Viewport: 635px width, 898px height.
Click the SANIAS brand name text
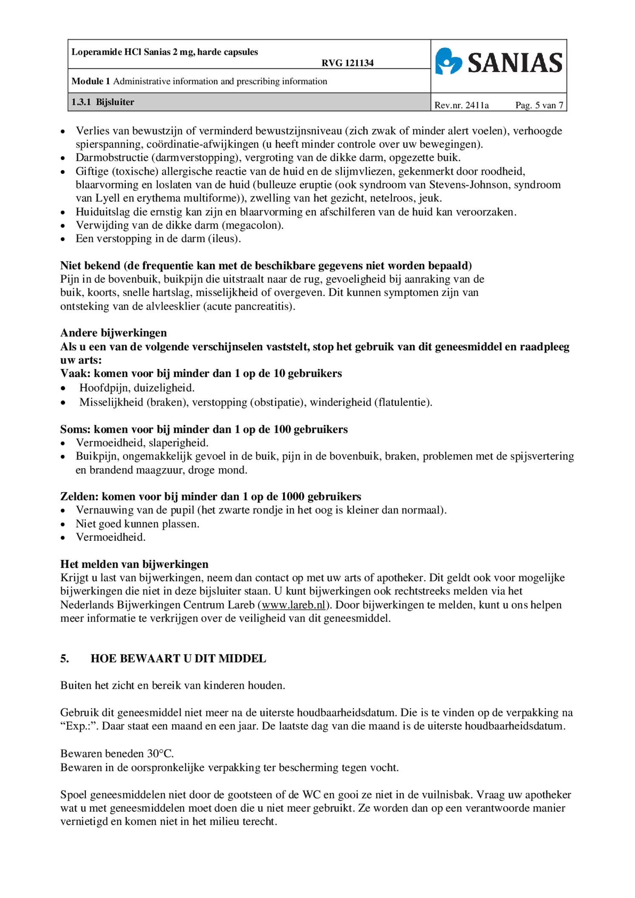tap(515, 63)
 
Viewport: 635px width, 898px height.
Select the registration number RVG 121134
tap(347, 63)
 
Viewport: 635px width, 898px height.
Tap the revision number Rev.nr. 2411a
tap(461, 105)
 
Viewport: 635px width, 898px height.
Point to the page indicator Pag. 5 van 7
tap(539, 105)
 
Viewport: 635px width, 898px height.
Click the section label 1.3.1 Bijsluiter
tap(102, 102)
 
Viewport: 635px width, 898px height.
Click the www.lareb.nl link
tap(293, 605)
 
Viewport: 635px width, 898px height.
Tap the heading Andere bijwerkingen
tap(113, 332)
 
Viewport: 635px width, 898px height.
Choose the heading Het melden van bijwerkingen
tap(134, 564)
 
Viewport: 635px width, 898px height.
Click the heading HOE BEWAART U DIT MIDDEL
tap(178, 659)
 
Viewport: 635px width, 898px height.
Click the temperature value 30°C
tap(160, 754)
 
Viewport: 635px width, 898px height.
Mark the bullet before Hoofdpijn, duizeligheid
tap(63, 388)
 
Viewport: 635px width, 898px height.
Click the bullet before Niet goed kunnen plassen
tap(63, 524)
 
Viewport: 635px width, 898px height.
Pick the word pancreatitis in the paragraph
tap(263, 306)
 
